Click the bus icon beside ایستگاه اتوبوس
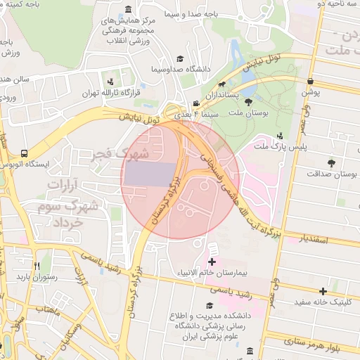25,153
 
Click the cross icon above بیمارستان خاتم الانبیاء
212,262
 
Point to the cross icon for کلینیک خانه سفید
323,291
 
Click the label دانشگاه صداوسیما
181,70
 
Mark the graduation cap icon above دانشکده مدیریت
209,305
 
